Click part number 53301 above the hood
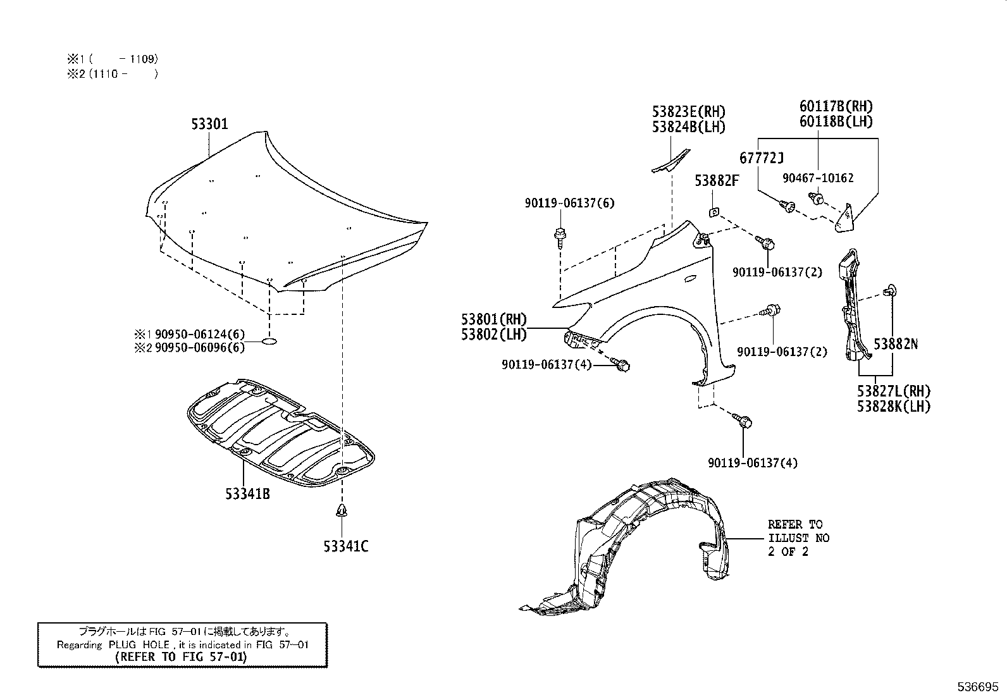209,124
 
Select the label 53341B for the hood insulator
247,494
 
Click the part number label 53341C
345,546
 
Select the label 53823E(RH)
689,113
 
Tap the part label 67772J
762,158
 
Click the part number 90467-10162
817,178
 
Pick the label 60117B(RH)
836,107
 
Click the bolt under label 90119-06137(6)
560,235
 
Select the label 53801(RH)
494,320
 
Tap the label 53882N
895,344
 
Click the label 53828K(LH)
894,407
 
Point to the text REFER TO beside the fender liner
795,524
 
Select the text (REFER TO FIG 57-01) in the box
182,656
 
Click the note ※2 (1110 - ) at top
112,74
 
